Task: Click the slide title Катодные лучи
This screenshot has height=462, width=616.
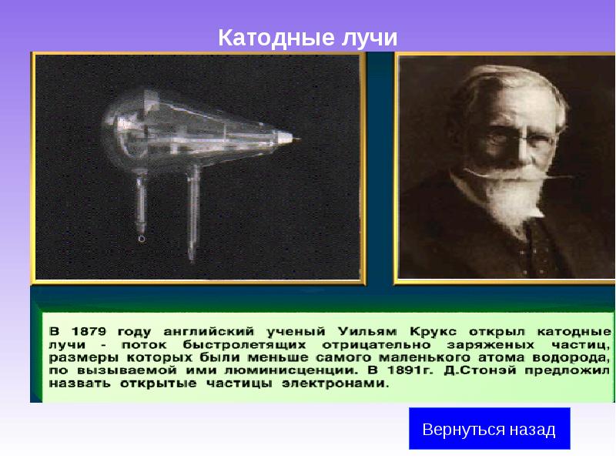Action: tap(308, 37)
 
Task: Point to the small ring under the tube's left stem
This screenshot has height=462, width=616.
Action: tap(141, 239)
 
